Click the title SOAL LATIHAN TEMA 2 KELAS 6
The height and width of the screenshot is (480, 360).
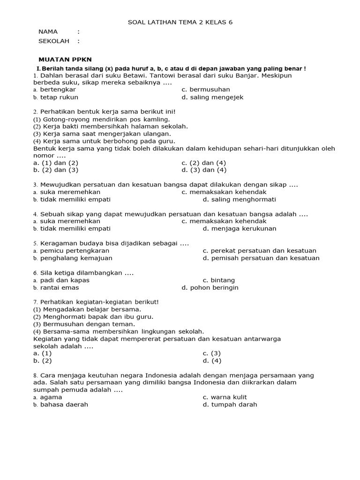(x=180, y=22)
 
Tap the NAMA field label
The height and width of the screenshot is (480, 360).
(x=48, y=32)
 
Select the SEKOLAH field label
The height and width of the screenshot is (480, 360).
(x=53, y=41)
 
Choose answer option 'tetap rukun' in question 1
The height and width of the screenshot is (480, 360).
(x=59, y=97)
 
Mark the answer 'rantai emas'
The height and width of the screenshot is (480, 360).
(x=59, y=287)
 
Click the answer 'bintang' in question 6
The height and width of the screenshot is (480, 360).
(x=219, y=280)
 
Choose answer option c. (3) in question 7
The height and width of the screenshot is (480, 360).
(x=211, y=353)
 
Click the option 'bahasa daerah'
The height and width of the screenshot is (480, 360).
(x=64, y=405)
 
